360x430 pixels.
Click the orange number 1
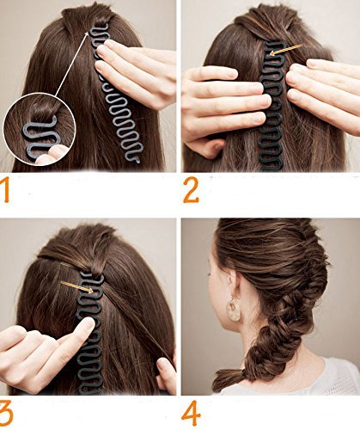(x=5, y=190)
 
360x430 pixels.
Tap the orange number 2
(x=191, y=190)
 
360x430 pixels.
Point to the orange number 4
(x=191, y=413)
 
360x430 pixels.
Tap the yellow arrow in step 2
(x=286, y=50)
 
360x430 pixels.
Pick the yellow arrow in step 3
(x=77, y=287)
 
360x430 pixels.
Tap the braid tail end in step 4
(x=226, y=379)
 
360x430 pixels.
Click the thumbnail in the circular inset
(x=58, y=151)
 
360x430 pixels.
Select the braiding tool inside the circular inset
(x=40, y=138)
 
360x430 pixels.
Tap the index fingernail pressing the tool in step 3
(x=88, y=324)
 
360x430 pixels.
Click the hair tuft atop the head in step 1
(x=86, y=17)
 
